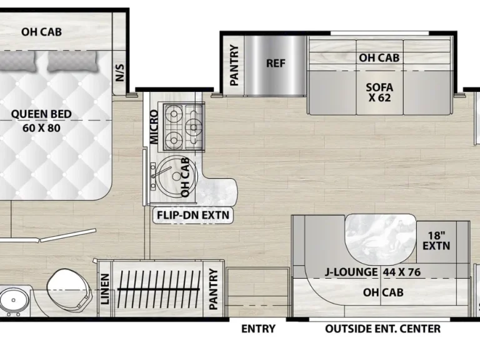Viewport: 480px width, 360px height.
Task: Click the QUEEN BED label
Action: pos(41,114)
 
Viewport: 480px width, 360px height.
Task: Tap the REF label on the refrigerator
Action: pos(276,63)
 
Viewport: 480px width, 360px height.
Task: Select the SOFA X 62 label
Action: pos(379,92)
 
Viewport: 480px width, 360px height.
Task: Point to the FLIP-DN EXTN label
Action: pos(193,215)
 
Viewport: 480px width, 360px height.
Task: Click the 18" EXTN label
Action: pos(436,241)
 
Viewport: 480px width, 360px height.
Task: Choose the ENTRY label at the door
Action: pos(258,329)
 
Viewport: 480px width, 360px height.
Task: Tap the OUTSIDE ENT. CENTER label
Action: pos(382,329)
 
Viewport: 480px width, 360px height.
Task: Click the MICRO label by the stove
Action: pos(154,127)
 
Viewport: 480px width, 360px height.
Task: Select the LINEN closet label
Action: pos(105,289)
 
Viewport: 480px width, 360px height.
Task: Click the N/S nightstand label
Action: pos(120,72)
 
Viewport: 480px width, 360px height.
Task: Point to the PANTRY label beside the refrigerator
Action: pos(234,65)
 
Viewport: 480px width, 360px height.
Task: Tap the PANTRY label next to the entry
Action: pos(213,289)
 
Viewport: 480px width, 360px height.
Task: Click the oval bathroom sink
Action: pos(14,300)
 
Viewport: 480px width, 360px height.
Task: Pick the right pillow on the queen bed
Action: pos(72,61)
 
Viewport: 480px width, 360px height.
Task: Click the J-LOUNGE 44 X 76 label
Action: pos(372,272)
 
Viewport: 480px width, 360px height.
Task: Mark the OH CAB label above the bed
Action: pos(41,32)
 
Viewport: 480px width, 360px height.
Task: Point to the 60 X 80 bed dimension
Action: pos(41,128)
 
